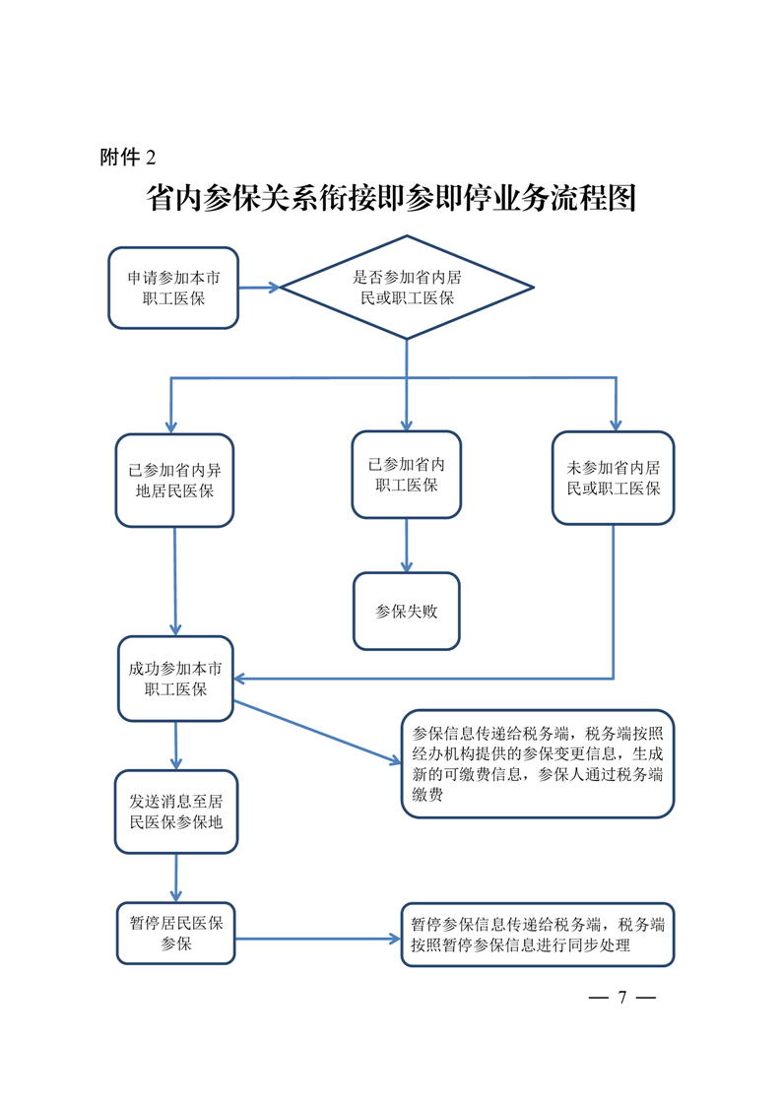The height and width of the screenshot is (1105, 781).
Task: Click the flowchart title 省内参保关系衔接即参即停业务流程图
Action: click(391, 198)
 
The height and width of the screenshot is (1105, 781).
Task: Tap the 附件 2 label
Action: click(128, 158)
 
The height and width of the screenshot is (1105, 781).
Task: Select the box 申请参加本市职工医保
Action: click(173, 288)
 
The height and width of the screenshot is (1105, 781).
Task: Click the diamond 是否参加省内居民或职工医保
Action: click(407, 288)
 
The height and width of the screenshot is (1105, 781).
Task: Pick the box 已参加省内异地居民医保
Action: click(174, 481)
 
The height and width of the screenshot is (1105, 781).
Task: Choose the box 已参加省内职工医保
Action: click(407, 475)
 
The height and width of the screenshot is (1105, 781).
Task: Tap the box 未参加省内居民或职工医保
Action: click(614, 478)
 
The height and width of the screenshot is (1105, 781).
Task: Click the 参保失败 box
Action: click(407, 611)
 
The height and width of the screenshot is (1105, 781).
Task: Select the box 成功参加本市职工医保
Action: click(175, 679)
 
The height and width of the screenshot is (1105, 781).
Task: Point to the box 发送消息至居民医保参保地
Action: click(176, 812)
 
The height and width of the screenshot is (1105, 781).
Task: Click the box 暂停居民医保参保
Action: click(176, 933)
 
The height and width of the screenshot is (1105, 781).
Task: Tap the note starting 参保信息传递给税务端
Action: click(538, 764)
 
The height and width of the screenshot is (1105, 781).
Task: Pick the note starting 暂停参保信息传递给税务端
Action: click(538, 935)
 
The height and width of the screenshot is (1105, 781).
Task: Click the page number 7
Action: click(622, 998)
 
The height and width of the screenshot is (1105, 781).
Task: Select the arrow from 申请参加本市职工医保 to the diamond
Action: click(259, 288)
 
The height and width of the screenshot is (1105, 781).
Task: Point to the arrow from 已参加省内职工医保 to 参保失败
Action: click(407, 546)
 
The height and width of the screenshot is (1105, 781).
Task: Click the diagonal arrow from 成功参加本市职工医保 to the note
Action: click(317, 732)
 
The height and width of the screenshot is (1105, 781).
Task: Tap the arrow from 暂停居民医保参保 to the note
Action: click(318, 939)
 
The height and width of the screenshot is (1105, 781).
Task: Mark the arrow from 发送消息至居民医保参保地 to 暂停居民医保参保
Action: click(176, 878)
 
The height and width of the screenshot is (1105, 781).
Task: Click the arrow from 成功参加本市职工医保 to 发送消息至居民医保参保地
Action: click(175, 746)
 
